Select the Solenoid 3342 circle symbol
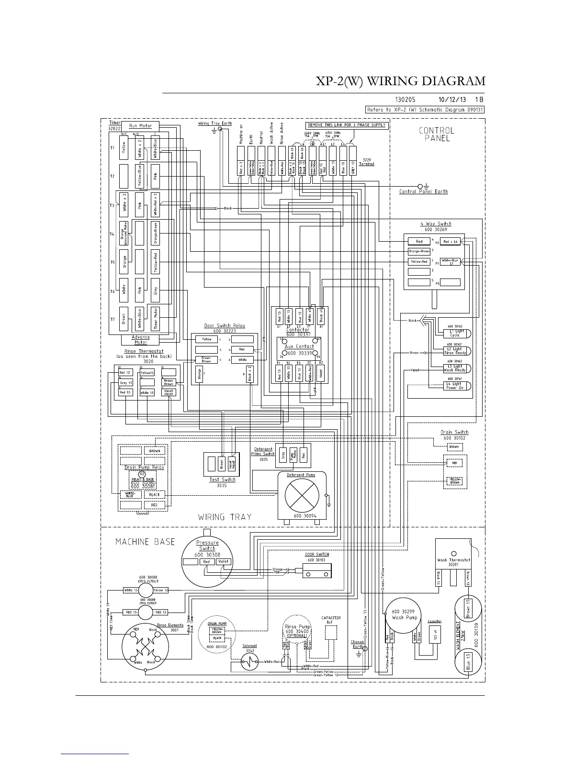[x=249, y=662]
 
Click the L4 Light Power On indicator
[x=454, y=386]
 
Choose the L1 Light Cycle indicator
[x=454, y=333]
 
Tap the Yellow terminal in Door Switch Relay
[x=206, y=339]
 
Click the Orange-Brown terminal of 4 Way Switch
[x=419, y=251]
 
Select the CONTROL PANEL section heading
[x=437, y=134]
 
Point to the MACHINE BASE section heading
[x=145, y=542]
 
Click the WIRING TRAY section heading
[x=225, y=517]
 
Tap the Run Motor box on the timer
[x=140, y=126]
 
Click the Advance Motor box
[x=140, y=340]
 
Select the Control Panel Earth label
[x=424, y=192]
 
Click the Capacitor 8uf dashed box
[x=331, y=632]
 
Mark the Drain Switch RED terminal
[x=454, y=463]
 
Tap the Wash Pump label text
[x=405, y=617]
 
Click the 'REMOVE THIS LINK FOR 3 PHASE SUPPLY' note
[x=346, y=125]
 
